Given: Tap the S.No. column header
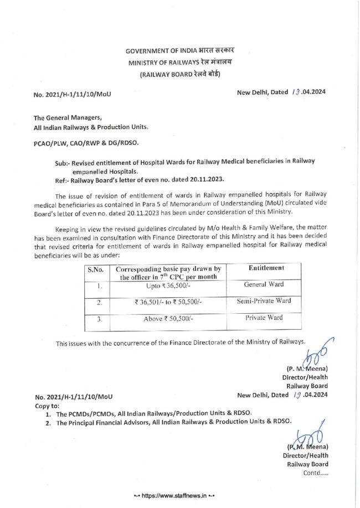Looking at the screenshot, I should tap(96, 269).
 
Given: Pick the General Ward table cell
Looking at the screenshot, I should tap(264, 284).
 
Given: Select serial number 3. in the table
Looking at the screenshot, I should tap(97, 319).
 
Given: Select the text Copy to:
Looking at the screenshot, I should tap(47, 405).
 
